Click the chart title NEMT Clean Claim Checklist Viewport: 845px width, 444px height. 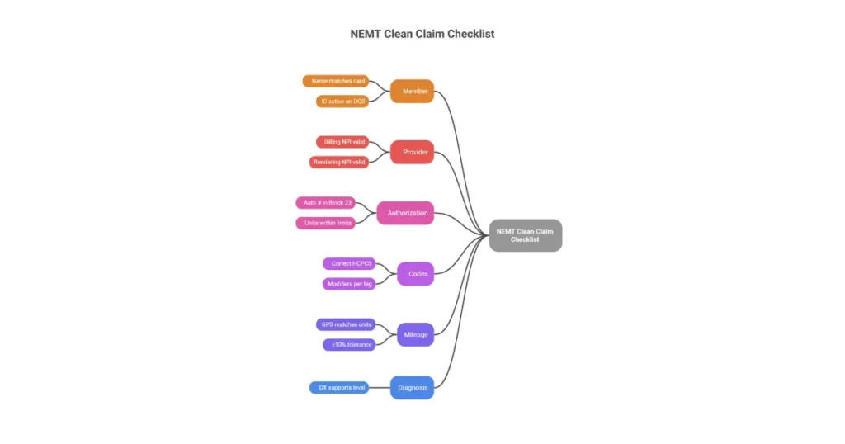[422, 35]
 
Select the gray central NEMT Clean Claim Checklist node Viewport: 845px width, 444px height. [525, 235]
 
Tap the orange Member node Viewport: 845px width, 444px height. [412, 91]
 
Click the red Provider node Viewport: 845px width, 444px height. [412, 152]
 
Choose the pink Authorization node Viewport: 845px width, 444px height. [404, 213]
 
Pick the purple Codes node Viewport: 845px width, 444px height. [415, 273]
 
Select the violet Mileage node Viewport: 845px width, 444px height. [415, 334]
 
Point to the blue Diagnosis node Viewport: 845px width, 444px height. [412, 387]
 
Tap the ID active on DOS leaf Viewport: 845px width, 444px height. [342, 102]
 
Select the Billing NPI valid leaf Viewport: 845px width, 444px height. [342, 142]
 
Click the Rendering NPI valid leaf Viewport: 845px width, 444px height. [339, 162]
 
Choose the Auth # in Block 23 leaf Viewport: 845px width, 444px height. [325, 202]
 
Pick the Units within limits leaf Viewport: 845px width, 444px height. [325, 223]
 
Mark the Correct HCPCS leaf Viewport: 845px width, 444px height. [349, 263]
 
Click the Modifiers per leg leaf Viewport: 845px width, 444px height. [349, 284]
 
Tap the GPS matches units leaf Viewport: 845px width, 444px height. [346, 324]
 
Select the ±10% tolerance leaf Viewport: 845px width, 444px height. [349, 344]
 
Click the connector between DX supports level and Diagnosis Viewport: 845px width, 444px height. [380, 387]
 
